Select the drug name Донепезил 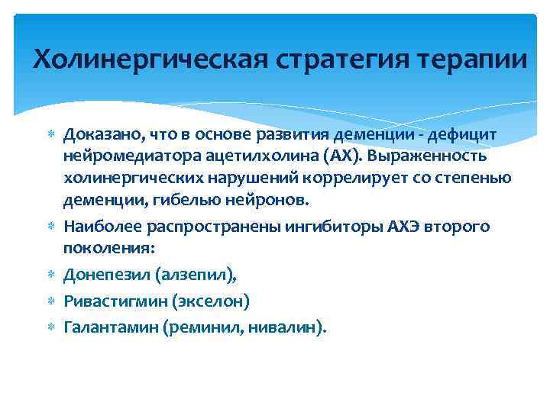102,275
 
